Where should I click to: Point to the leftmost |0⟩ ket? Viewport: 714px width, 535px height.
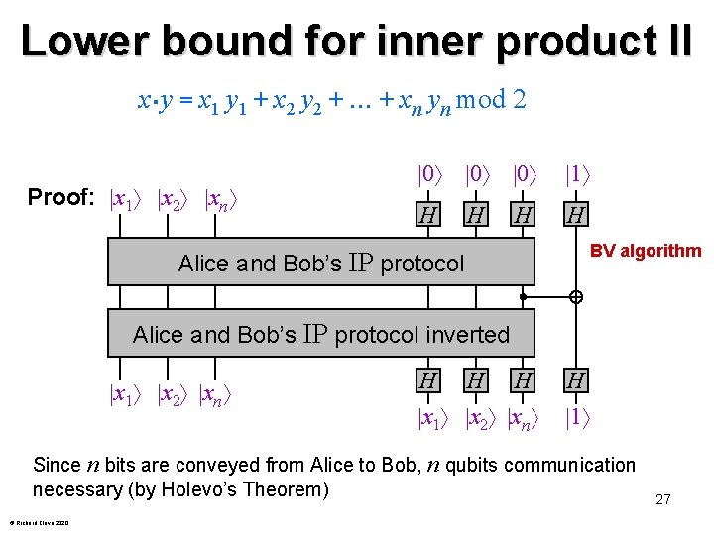[429, 175]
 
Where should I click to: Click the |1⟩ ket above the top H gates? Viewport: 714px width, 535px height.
[578, 175]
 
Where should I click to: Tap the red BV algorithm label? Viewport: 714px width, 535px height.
[646, 251]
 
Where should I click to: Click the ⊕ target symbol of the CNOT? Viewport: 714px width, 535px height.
[575, 296]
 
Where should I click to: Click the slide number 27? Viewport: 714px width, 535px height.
[663, 499]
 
